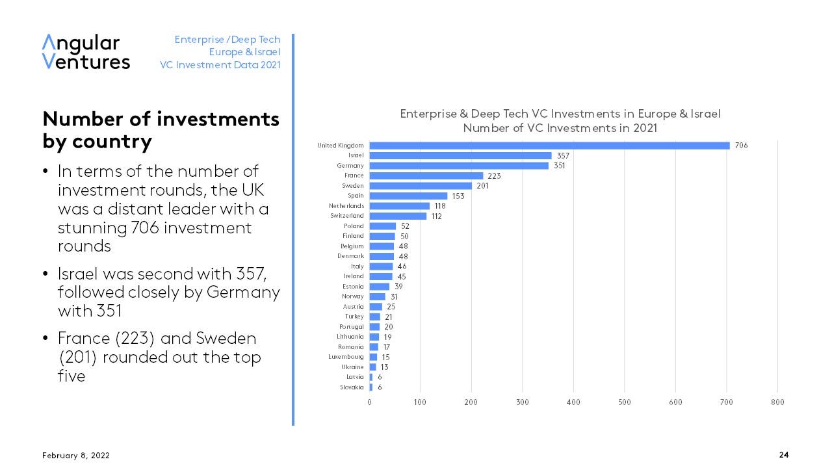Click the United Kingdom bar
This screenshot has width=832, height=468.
[x=549, y=146]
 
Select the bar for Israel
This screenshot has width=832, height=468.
[x=460, y=156]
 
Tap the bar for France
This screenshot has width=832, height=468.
[x=426, y=175]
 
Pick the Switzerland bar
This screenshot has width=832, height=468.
[x=398, y=216]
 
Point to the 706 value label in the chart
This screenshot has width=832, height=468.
[x=741, y=146]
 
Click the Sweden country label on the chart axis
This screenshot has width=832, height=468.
[x=353, y=186]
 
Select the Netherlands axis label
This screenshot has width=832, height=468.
[x=346, y=206]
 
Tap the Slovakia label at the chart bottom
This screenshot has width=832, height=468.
[x=352, y=387]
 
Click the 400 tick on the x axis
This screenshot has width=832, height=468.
[x=573, y=402]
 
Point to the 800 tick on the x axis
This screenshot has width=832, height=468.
[x=777, y=402]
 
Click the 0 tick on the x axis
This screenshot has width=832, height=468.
[x=370, y=402]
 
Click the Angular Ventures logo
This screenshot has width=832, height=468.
[x=86, y=52]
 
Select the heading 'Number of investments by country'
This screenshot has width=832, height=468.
[x=161, y=130]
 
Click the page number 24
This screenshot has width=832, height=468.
[x=784, y=455]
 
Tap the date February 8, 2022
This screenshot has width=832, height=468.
[x=76, y=456]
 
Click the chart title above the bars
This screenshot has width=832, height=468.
[x=560, y=121]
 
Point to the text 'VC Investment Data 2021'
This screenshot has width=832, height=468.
[x=220, y=65]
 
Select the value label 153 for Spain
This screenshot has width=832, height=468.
[x=458, y=196]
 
